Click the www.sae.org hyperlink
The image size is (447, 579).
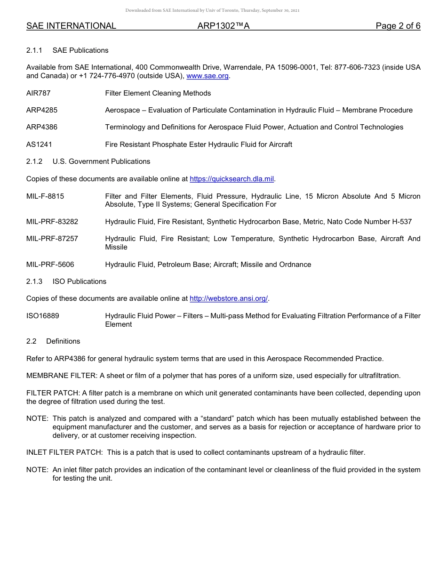pos(208,76)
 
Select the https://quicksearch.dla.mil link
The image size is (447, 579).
pos(231,179)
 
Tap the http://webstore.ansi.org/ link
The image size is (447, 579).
pos(228,298)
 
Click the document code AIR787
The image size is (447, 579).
pos(38,93)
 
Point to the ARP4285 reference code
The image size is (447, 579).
pos(42,110)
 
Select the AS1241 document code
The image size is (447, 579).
pos(39,145)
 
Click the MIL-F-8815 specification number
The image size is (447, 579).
pos(45,196)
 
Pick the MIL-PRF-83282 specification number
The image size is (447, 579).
pos(52,222)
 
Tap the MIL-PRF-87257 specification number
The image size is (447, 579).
pos(52,239)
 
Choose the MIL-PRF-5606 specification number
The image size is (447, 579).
pos(50,265)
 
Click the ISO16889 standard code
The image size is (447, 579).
pos(43,316)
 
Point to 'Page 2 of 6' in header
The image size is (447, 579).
pos(398,26)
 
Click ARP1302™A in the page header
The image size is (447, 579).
pos(223,26)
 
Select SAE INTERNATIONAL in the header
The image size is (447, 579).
pos(71,26)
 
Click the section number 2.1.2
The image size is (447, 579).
pos(34,161)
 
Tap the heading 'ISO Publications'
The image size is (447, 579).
pos(80,281)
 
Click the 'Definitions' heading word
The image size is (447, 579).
pos(63,341)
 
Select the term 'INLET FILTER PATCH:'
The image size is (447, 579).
pos(64,452)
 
